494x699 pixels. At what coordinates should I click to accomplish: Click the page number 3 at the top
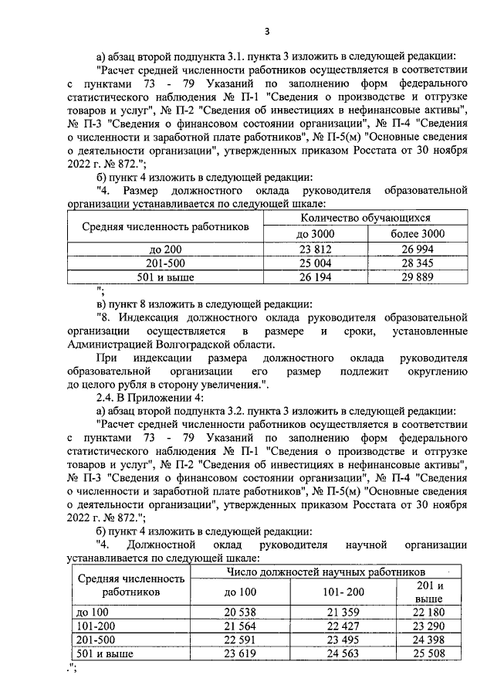[x=266, y=31]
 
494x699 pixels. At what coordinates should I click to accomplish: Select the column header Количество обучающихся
[x=365, y=219]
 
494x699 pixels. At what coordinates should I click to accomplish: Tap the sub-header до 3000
[x=314, y=234]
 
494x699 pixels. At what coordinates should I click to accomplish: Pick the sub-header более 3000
[x=416, y=234]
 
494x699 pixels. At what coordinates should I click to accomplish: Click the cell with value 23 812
[x=314, y=249]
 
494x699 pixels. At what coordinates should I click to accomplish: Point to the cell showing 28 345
[x=416, y=263]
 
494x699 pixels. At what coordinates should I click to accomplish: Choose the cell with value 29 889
[x=416, y=277]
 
